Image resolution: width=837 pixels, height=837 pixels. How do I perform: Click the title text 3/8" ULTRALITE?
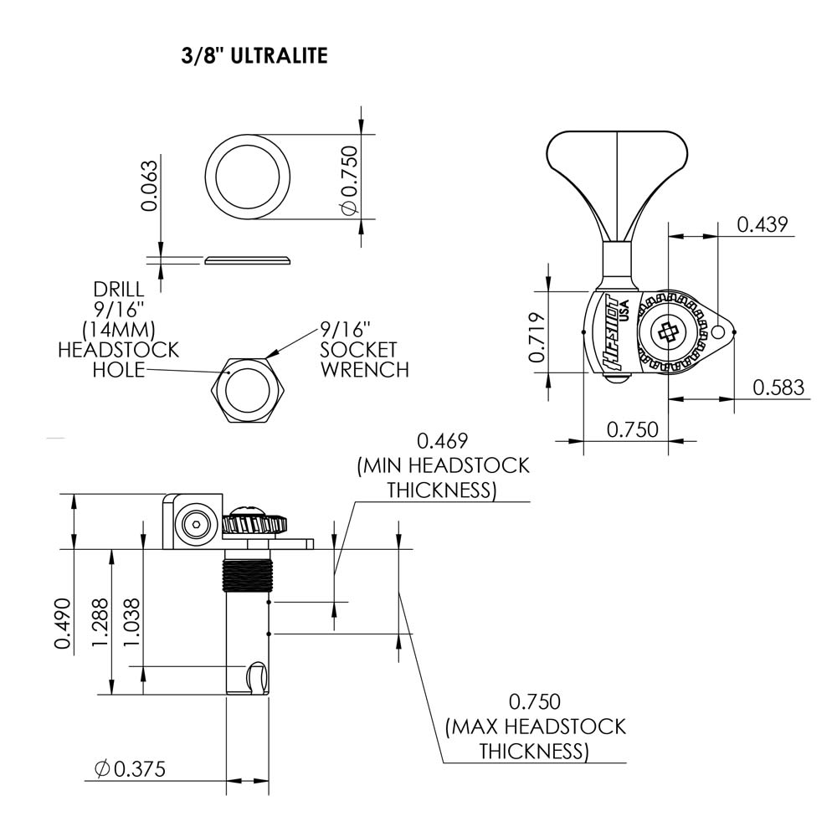(x=254, y=56)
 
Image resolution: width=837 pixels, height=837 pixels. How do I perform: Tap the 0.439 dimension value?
(x=762, y=223)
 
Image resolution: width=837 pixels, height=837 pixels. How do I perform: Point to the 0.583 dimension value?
(x=778, y=387)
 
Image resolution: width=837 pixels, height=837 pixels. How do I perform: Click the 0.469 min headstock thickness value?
(x=443, y=441)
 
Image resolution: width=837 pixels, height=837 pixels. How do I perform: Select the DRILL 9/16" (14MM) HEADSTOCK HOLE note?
(x=117, y=330)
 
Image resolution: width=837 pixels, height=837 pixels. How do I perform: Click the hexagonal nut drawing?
(x=247, y=391)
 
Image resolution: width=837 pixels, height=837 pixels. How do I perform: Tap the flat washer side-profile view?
(x=249, y=259)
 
